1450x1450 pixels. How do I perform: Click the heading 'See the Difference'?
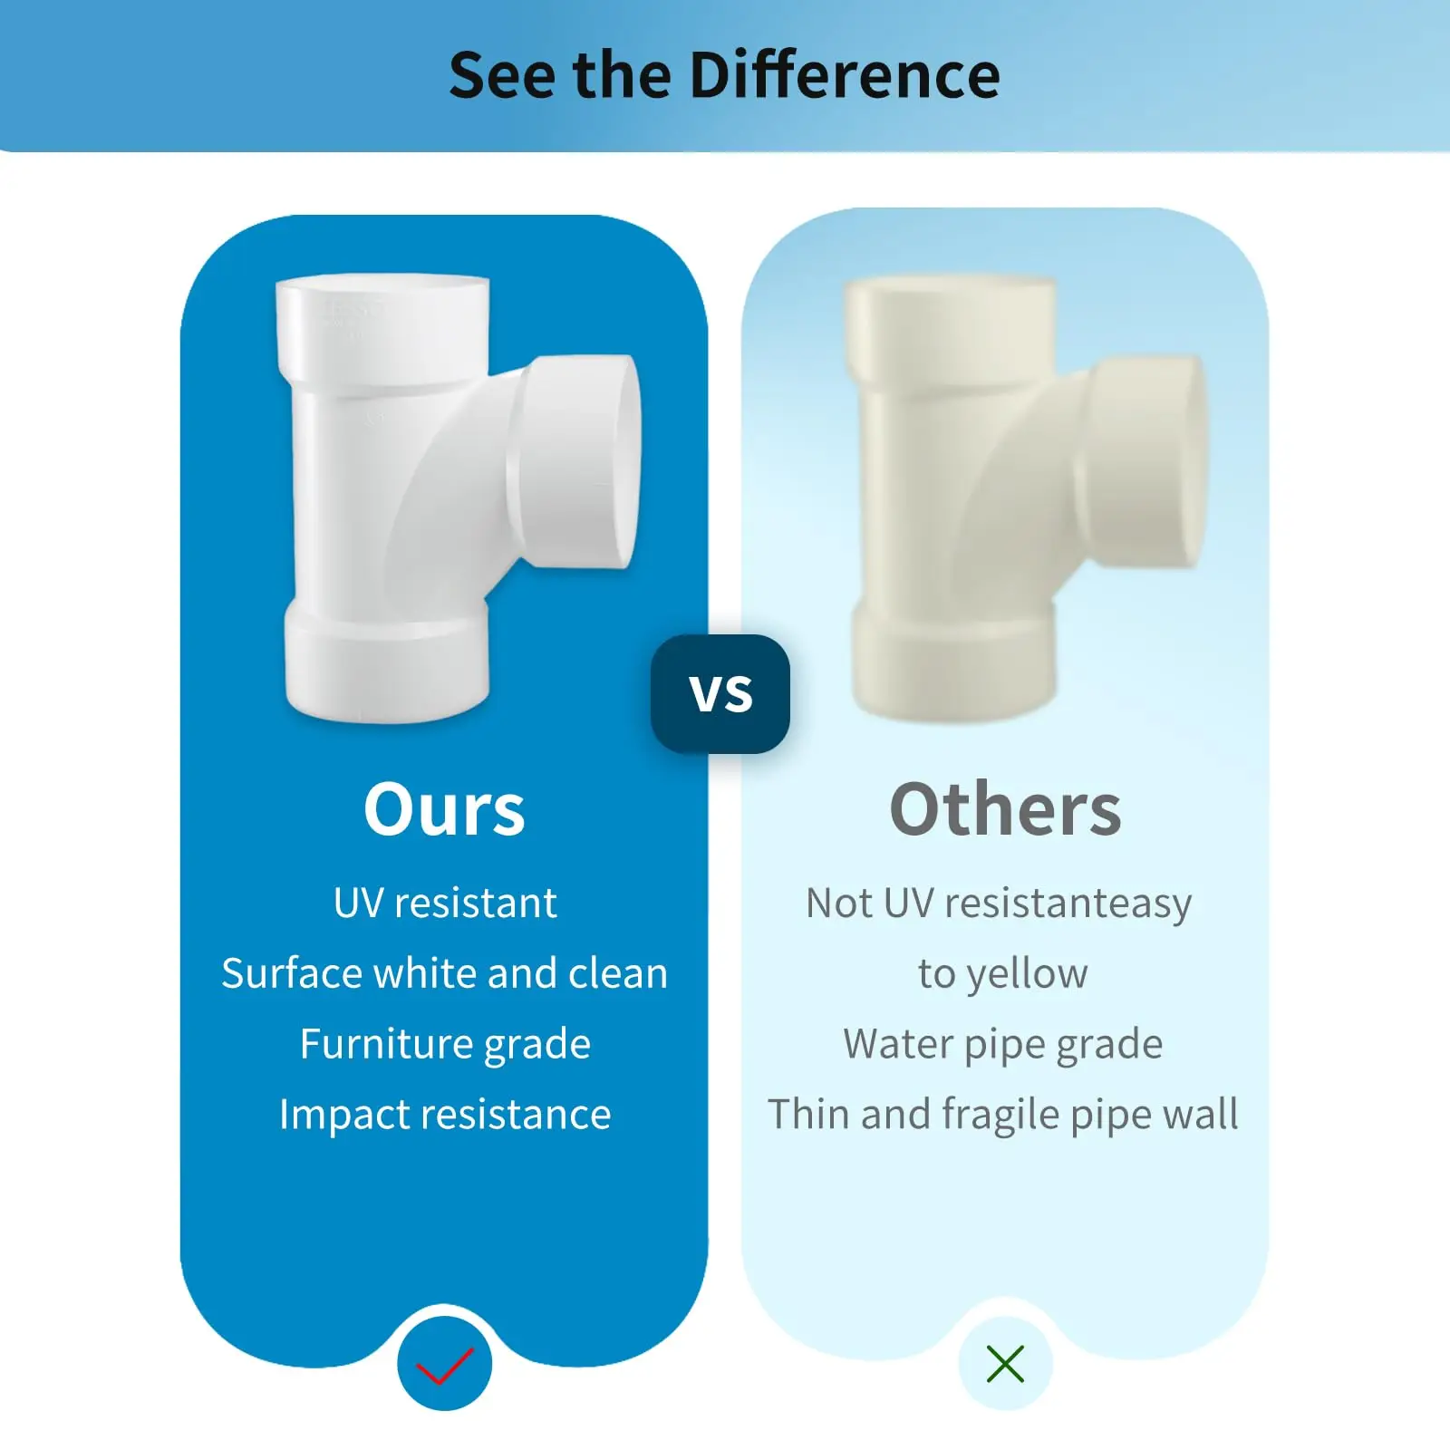coord(724,74)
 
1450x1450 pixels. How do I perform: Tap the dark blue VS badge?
coord(720,694)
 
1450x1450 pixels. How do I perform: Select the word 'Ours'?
coord(444,809)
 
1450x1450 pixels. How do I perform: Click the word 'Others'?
coord(1005,809)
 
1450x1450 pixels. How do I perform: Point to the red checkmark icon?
coord(444,1365)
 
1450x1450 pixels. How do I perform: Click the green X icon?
coord(1005,1364)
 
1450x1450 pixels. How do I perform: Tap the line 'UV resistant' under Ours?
coord(445,904)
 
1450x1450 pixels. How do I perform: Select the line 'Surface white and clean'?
coord(445,974)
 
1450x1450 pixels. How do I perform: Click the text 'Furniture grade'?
coord(445,1044)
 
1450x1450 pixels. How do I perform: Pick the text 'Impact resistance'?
coord(445,1115)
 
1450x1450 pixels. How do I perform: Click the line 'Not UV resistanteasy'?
coord(999,904)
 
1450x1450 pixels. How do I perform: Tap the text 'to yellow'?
coord(1002,974)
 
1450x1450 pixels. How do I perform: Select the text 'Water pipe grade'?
coord(1002,1044)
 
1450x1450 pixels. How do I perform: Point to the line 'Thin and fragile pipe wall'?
coord(1002,1115)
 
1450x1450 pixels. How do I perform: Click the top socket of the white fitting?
coord(382,322)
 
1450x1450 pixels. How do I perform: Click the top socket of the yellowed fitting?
coord(950,322)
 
